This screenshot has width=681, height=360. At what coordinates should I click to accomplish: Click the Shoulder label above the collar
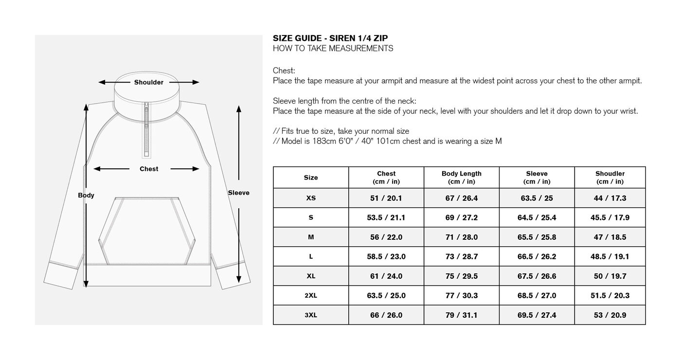click(x=149, y=82)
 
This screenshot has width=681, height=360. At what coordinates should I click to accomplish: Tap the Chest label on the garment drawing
click(x=149, y=169)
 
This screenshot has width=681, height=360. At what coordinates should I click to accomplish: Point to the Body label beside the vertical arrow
click(x=86, y=195)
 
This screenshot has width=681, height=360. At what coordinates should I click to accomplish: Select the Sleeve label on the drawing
click(x=238, y=193)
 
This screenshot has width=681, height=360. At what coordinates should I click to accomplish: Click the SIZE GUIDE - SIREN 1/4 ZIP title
click(x=330, y=38)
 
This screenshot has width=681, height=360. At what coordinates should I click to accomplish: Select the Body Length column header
click(x=461, y=178)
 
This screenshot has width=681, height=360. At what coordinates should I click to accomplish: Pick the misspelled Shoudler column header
click(x=609, y=178)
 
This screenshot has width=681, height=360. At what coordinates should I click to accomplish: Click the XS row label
click(x=311, y=198)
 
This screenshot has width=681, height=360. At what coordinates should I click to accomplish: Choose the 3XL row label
click(x=311, y=315)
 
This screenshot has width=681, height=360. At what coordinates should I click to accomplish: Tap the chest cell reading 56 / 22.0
click(x=386, y=237)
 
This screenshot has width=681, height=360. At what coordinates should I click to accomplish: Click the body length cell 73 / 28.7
click(x=461, y=256)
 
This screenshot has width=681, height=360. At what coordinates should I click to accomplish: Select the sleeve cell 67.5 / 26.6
click(x=537, y=276)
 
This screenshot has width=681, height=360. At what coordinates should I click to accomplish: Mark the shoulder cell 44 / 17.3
click(x=609, y=198)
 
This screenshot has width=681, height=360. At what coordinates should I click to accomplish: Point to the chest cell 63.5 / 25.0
click(x=386, y=295)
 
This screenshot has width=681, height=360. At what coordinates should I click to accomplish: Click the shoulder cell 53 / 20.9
click(x=609, y=315)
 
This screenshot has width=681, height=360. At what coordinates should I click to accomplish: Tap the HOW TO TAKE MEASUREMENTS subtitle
click(x=333, y=49)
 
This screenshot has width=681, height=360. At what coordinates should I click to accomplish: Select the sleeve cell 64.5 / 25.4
click(x=537, y=217)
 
